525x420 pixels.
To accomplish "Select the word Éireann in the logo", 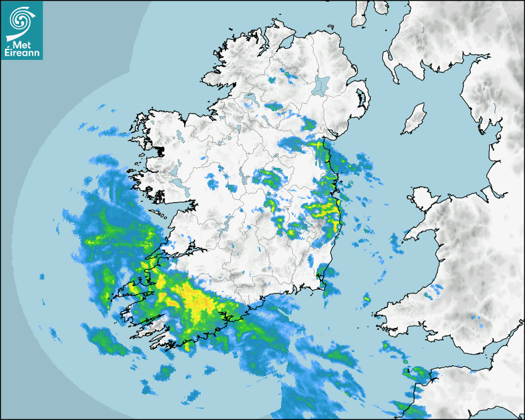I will pos(22,52).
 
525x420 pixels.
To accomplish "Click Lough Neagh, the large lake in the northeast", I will pos(322,84).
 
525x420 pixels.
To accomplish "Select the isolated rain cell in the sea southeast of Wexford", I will pos(366,300).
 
